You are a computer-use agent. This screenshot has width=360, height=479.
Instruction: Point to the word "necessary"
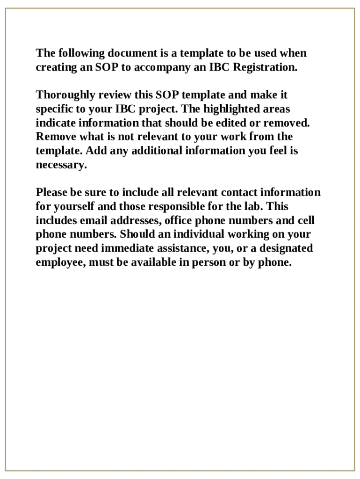(x=61, y=166)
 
